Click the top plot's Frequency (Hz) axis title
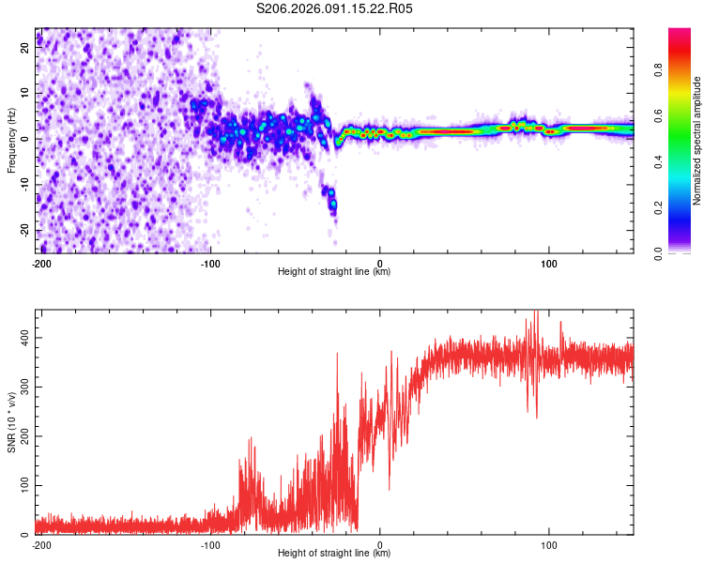click(x=11, y=141)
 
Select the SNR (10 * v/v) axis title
click(x=11, y=421)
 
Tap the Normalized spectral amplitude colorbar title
click(x=697, y=141)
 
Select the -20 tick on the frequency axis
click(x=23, y=230)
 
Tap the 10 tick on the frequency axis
click(x=25, y=93)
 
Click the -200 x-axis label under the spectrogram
click(x=40, y=264)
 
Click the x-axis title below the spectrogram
click(x=334, y=272)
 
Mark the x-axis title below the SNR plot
click(x=334, y=554)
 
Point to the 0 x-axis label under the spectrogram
click(x=379, y=264)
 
